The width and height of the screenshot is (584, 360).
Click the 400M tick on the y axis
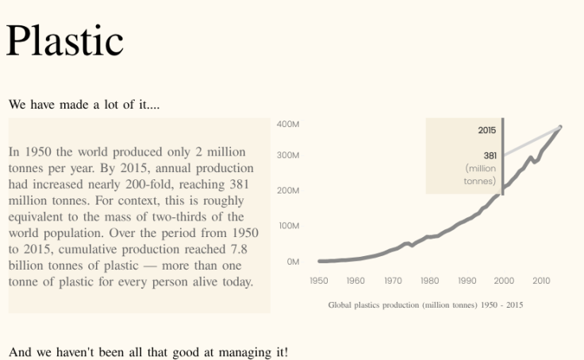click(288, 124)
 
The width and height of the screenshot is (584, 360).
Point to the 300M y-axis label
click(288, 155)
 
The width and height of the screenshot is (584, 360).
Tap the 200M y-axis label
click(288, 190)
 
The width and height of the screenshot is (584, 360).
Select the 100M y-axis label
click(288, 226)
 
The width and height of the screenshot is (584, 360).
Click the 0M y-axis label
click(292, 262)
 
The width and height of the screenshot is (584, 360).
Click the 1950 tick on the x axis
click(318, 281)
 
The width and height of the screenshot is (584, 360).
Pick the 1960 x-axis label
click(355, 281)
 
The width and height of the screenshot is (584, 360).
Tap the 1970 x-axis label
click(393, 281)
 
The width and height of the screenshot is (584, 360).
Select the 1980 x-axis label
click(429, 281)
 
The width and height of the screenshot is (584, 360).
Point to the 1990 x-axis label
click(467, 281)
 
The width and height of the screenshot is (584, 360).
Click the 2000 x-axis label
click(504, 281)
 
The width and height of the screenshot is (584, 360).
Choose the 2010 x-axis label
click(541, 281)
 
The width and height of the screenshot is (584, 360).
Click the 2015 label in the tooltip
click(486, 130)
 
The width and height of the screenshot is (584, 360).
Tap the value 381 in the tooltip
click(490, 155)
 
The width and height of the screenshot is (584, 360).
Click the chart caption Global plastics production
click(425, 305)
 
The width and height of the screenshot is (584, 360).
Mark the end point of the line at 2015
click(560, 127)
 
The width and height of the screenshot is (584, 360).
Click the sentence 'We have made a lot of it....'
click(84, 105)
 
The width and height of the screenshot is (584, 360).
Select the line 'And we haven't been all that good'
click(148, 351)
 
